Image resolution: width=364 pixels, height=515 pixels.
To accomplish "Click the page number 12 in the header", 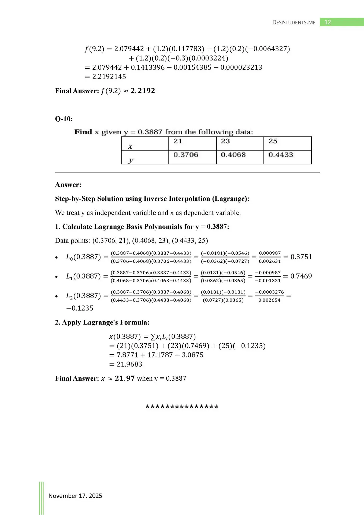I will click(x=328, y=22).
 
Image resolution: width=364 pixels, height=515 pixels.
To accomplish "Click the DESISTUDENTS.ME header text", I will click(x=294, y=23).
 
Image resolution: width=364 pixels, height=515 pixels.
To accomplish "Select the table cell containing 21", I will click(x=192, y=143).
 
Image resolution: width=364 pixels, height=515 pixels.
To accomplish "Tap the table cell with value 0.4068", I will click(x=240, y=157).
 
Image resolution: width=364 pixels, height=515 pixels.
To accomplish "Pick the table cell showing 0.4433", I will click(x=287, y=157).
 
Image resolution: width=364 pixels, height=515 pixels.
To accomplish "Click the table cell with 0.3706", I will click(x=192, y=157).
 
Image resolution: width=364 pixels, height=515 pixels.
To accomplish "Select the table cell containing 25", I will click(x=287, y=143).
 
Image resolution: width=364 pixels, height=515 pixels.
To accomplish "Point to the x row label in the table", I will click(x=145, y=144).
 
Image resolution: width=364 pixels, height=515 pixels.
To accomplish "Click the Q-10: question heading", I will click(x=64, y=119).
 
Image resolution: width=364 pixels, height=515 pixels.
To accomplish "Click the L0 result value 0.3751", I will click(x=301, y=257).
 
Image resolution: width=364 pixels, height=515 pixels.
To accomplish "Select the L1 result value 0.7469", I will click(x=301, y=276).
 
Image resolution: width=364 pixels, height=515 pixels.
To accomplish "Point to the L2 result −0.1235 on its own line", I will click(x=80, y=308).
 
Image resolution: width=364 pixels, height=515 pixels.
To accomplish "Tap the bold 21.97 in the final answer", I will click(x=125, y=378).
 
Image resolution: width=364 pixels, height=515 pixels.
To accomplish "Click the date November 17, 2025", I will click(x=75, y=496).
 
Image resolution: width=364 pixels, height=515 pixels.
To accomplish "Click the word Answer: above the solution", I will click(x=68, y=185).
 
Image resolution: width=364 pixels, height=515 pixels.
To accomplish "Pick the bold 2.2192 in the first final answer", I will click(x=143, y=91).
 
